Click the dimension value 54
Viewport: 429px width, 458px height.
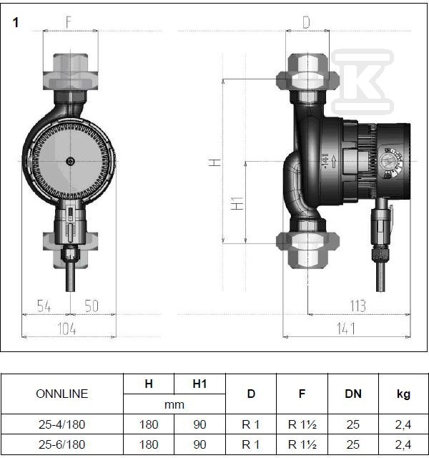[44, 306]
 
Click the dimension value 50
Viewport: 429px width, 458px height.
[92, 306]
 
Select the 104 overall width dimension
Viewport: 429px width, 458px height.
[67, 328]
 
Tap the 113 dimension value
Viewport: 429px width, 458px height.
[357, 306]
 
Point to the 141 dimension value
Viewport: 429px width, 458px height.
[346, 328]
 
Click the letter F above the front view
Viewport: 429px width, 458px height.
[69, 22]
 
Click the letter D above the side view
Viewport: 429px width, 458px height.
[306, 22]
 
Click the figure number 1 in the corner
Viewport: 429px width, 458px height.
[16, 22]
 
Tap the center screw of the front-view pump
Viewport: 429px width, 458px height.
[70, 161]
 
